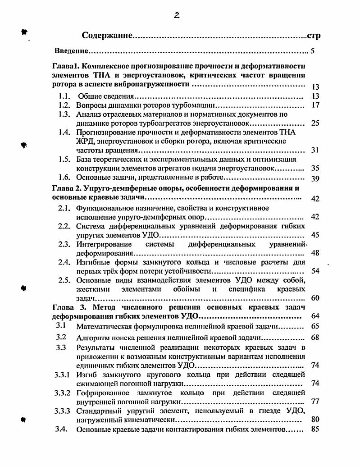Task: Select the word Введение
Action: point(71,51)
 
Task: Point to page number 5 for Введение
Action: point(312,51)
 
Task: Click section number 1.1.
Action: point(65,96)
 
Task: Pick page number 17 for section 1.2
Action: point(315,105)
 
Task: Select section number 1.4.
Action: point(65,132)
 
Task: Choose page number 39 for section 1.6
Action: point(315,178)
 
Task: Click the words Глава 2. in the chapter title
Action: point(67,188)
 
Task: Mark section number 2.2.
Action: point(65,226)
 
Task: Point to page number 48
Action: point(315,253)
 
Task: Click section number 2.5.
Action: point(65,280)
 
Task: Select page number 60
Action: point(315,298)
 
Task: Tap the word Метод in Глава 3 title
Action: point(106,307)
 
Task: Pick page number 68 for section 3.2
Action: point(315,338)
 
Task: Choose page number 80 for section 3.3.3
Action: point(315,419)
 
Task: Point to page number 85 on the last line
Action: point(315,429)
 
